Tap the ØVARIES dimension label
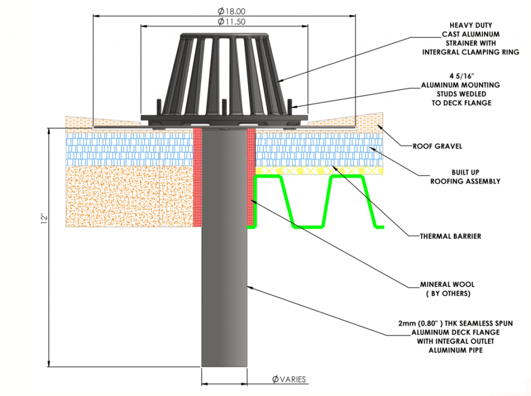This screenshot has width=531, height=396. point(289,379)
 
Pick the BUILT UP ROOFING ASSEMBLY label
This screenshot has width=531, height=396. point(465,176)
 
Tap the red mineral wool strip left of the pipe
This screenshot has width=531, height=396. point(197,176)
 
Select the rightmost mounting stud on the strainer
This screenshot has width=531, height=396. point(289,108)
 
